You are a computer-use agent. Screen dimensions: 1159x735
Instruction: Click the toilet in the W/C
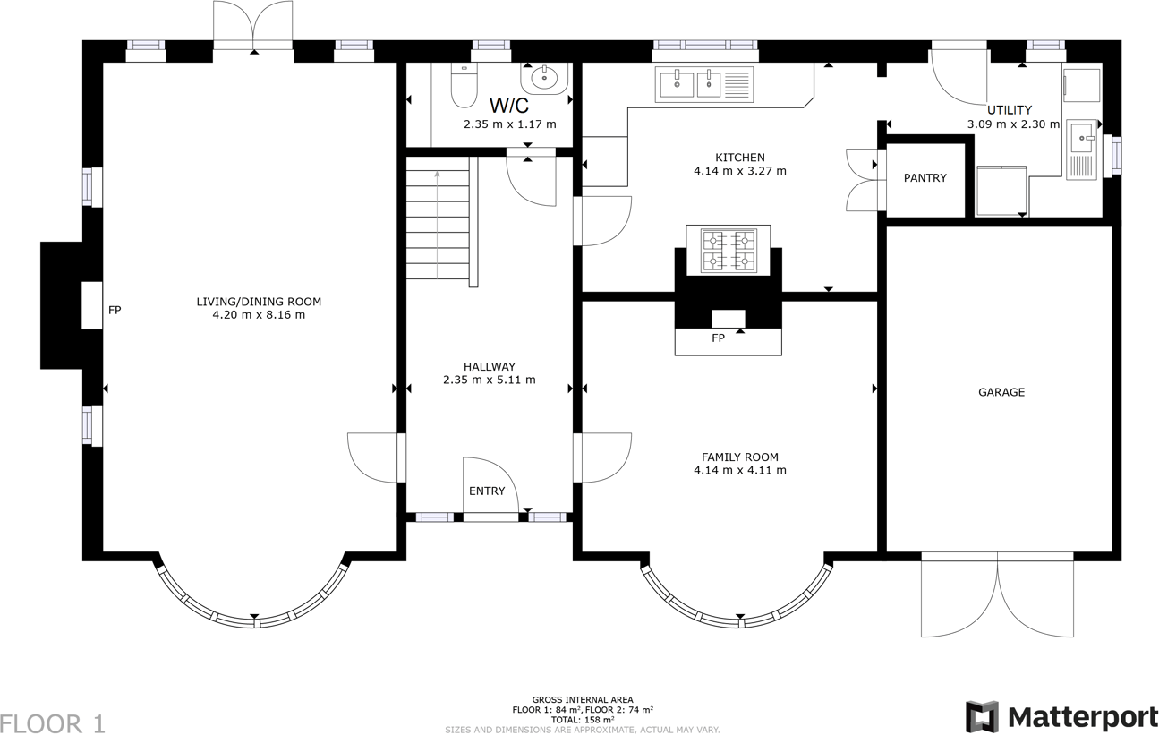(x=464, y=85)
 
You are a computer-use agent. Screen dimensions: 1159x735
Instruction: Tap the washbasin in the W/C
(x=544, y=79)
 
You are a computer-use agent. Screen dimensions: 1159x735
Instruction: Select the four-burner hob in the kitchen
(x=728, y=251)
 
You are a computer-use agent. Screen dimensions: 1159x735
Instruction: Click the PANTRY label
(x=925, y=178)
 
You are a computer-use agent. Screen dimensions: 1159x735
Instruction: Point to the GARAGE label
(x=1001, y=392)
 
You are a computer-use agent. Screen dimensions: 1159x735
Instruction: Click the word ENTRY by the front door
(x=487, y=491)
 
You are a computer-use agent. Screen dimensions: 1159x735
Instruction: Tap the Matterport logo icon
(x=982, y=717)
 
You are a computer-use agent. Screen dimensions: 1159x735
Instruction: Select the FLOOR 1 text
(x=53, y=723)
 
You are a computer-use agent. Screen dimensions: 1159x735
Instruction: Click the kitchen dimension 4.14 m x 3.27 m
(x=740, y=171)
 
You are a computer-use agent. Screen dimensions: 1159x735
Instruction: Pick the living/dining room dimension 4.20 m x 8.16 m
(x=259, y=315)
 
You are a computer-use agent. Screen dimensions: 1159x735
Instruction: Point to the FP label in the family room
(x=718, y=338)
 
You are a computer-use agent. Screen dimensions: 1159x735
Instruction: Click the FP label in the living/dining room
(x=115, y=310)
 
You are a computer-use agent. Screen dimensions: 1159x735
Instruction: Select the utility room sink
(x=1081, y=138)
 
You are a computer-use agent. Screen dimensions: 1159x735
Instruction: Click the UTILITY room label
(x=1010, y=110)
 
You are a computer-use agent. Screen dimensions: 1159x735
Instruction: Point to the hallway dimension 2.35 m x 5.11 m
(x=489, y=380)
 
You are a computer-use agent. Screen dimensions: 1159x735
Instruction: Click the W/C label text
(x=509, y=106)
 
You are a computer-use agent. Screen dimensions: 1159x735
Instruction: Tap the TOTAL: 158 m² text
(x=583, y=720)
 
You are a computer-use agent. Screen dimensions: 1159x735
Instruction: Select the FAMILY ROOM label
(x=740, y=457)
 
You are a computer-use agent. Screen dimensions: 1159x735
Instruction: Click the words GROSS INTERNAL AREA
(x=583, y=700)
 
